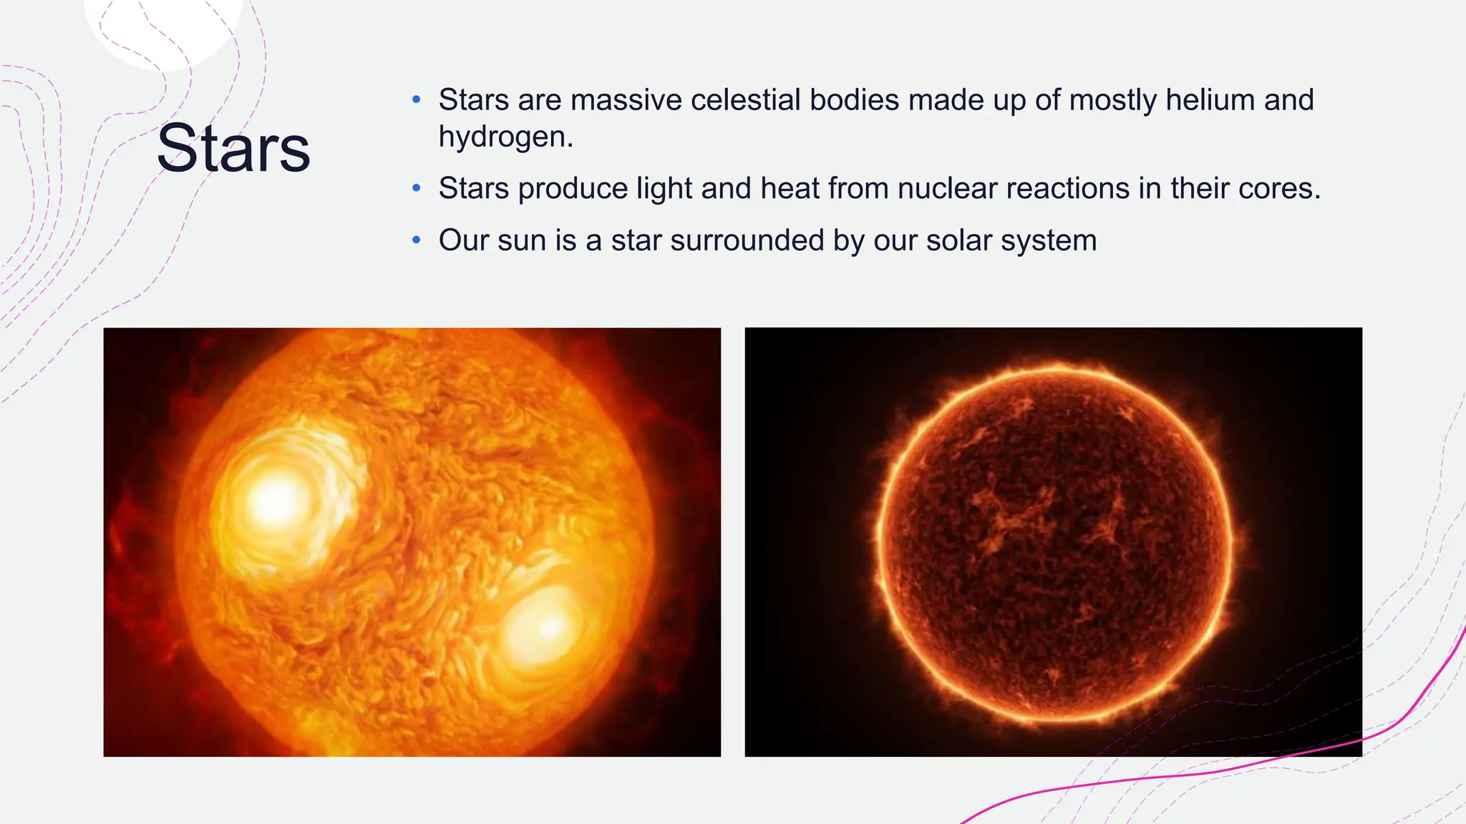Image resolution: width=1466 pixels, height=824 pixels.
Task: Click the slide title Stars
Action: (x=233, y=148)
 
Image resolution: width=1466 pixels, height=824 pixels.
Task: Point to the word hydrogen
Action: (x=505, y=137)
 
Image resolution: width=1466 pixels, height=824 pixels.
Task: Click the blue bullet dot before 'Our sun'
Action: (x=417, y=240)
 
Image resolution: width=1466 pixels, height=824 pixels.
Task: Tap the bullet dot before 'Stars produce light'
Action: (x=417, y=189)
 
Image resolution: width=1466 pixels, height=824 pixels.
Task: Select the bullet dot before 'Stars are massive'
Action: (x=417, y=100)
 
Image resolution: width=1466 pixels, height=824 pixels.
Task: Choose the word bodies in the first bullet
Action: (x=854, y=100)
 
